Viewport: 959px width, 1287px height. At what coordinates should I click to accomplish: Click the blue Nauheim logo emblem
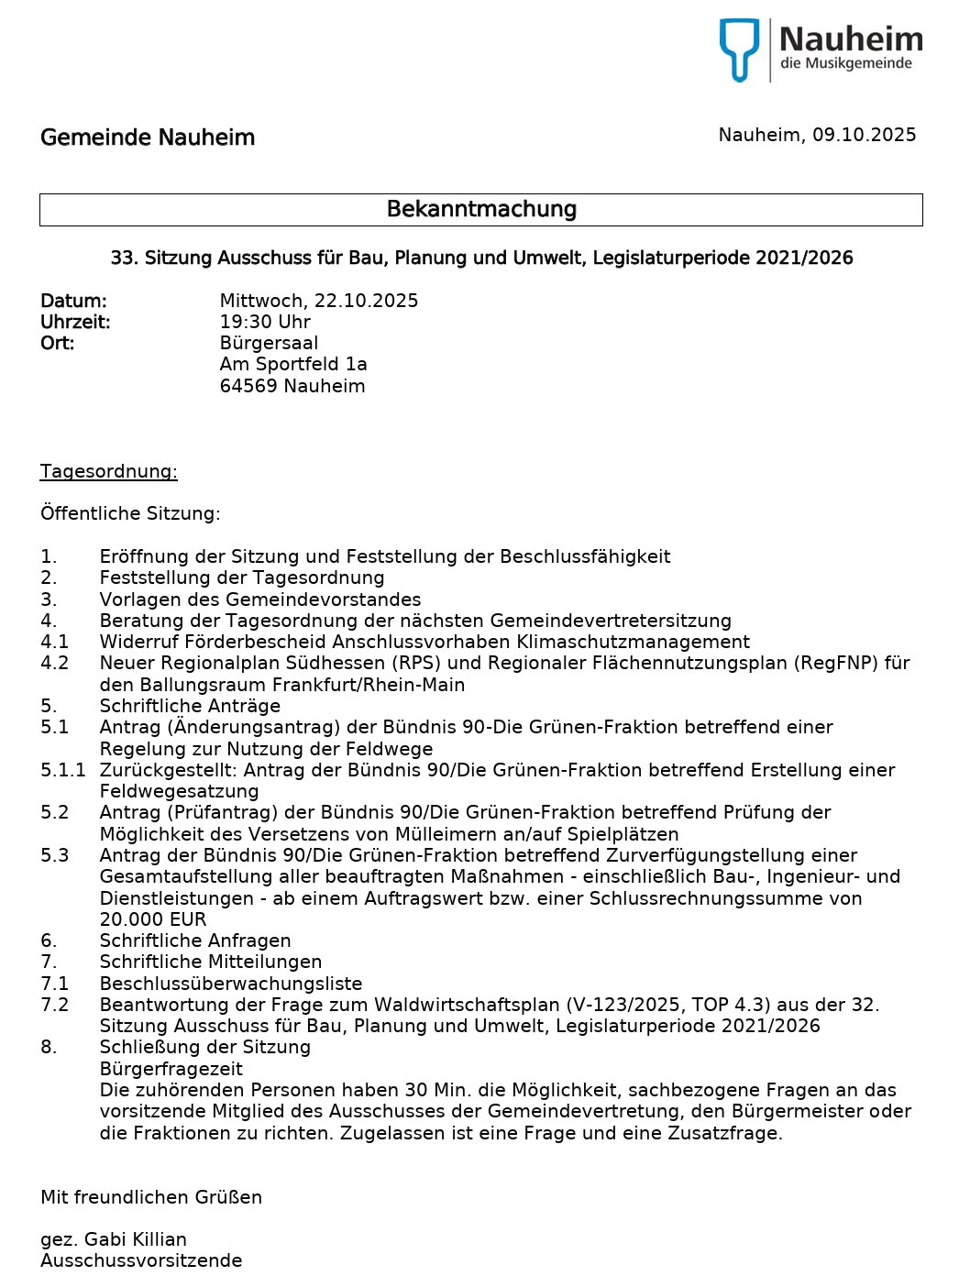pos(739,49)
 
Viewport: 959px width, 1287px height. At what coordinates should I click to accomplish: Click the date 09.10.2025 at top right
pos(864,135)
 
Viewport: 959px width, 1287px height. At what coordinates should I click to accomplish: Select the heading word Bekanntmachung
pos(481,209)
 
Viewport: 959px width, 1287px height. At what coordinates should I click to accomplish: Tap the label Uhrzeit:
pos(75,322)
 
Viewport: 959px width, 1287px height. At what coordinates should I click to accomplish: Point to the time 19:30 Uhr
pos(265,322)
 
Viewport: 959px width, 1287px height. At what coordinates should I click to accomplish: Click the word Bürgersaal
pos(269,343)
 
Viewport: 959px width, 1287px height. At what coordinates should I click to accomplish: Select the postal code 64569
pos(248,386)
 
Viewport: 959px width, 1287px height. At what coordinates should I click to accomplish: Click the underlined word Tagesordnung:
pos(108,471)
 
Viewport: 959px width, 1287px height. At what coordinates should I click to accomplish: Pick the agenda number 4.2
pos(54,663)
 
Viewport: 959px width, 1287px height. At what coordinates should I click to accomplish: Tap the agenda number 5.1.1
pos(62,770)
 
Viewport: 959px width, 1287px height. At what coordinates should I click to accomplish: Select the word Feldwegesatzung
pos(179,791)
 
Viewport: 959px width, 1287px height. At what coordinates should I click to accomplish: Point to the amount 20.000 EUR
pos(153,919)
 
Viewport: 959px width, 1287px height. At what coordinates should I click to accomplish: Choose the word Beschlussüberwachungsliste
pos(231,984)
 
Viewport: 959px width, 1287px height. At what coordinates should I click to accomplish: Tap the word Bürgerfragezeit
pos(171,1069)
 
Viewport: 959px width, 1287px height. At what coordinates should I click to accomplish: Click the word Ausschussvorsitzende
pos(141,1260)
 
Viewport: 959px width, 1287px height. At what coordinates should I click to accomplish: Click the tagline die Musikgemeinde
pos(846,63)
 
